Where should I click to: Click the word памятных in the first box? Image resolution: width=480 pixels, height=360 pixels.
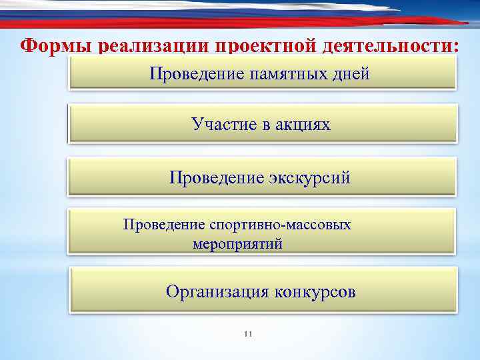(x=288, y=73)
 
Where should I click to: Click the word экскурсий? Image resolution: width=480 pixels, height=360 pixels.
(x=309, y=178)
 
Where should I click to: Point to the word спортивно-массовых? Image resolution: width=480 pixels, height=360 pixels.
(x=280, y=225)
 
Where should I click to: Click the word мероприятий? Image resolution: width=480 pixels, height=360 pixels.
(x=238, y=244)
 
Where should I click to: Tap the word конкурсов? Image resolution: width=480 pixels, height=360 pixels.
(x=315, y=291)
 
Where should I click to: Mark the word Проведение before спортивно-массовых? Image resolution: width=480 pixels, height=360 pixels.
(x=164, y=225)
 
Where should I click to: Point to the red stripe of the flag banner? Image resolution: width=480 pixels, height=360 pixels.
(x=267, y=23)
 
